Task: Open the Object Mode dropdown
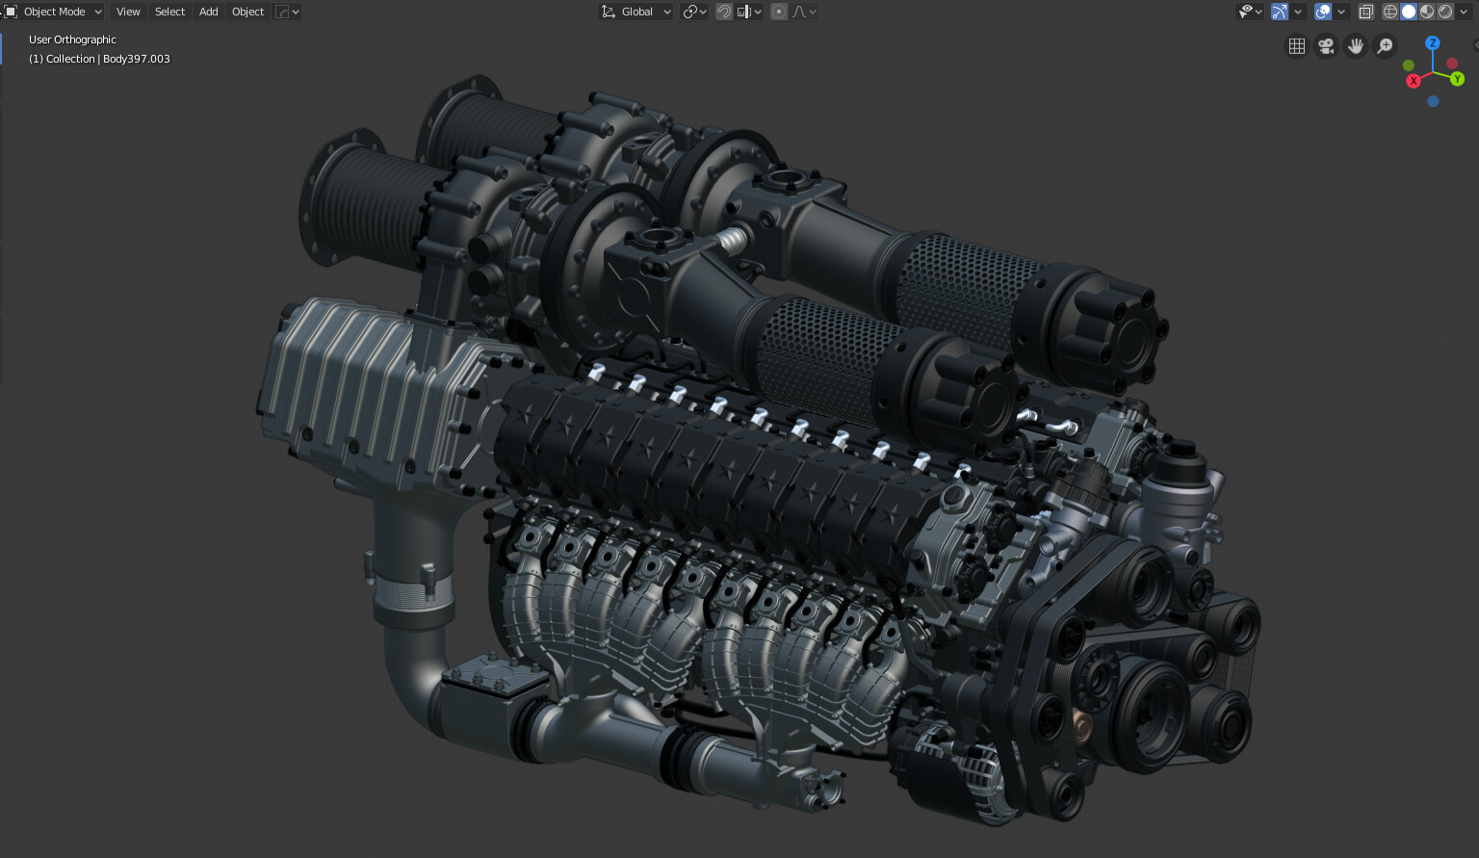coord(54,12)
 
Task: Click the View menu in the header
coord(128,12)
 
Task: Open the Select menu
coord(169,12)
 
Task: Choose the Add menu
coord(208,12)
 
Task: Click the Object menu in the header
coord(247,12)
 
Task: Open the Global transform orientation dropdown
coord(636,12)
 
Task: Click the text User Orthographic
coord(72,39)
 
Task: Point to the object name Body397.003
coord(137,59)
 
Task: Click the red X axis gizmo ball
coord(1414,81)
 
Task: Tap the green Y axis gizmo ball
coord(1457,79)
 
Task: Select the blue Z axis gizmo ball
coord(1433,43)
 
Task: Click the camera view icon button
coord(1326,46)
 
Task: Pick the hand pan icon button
coord(1355,46)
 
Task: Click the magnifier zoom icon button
coord(1385,46)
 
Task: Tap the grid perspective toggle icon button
coord(1297,46)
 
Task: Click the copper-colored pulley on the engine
coord(1081,723)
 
